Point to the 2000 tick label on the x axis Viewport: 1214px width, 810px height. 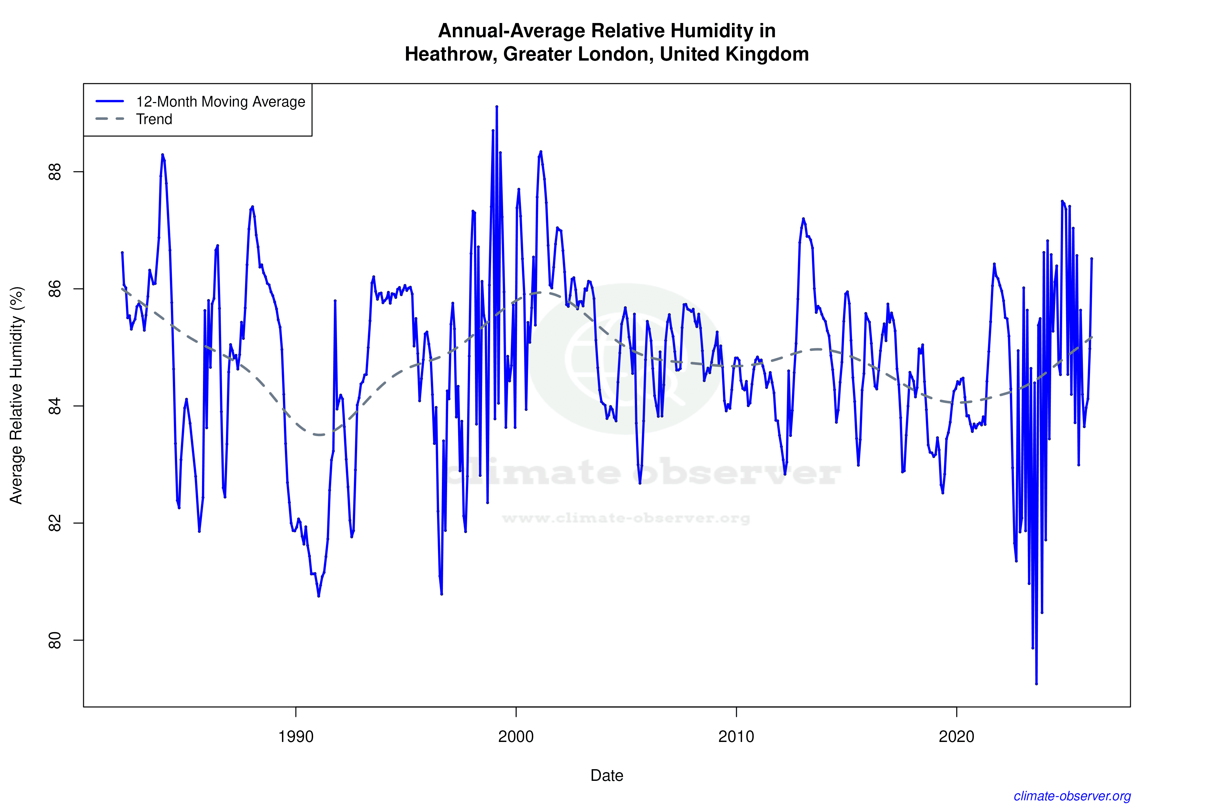tap(516, 737)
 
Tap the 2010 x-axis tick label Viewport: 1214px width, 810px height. tap(736, 737)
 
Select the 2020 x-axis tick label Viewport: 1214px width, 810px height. tap(956, 737)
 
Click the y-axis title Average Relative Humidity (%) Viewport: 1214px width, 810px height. tap(17, 395)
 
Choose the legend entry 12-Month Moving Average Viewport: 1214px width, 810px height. tap(220, 102)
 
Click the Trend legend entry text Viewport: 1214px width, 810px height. tap(154, 119)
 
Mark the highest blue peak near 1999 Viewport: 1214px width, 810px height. tap(497, 106)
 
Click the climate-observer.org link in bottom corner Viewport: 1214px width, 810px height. tap(1072, 796)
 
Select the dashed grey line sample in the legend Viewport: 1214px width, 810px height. tap(110, 119)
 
